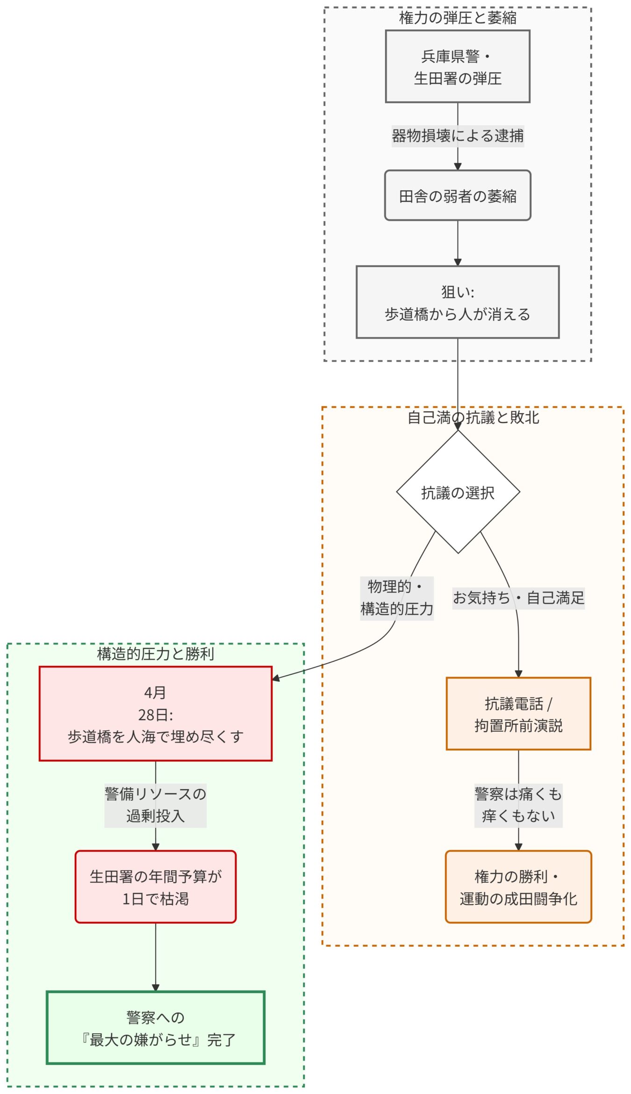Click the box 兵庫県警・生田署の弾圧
pyautogui.click(x=457, y=66)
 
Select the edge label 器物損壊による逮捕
pyautogui.click(x=457, y=136)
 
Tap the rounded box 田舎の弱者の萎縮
pyautogui.click(x=457, y=195)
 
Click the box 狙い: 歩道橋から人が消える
pyautogui.click(x=457, y=302)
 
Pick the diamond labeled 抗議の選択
pyautogui.click(x=458, y=492)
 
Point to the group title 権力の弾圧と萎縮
pyautogui.click(x=457, y=18)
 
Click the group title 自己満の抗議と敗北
pyautogui.click(x=473, y=417)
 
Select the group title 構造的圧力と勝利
pyautogui.click(x=155, y=653)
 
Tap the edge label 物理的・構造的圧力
pyautogui.click(x=396, y=598)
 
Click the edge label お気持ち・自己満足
pyautogui.click(x=518, y=597)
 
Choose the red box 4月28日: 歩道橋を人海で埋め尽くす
pyautogui.click(x=155, y=714)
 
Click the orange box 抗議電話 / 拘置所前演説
pyautogui.click(x=518, y=714)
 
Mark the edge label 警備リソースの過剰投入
pyautogui.click(x=155, y=805)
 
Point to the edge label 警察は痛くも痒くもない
pyautogui.click(x=518, y=805)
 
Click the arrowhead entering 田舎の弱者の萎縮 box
pyautogui.click(x=457, y=166)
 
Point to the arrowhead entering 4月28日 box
pyautogui.click(x=276, y=678)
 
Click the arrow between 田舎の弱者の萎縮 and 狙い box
pyautogui.click(x=457, y=243)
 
